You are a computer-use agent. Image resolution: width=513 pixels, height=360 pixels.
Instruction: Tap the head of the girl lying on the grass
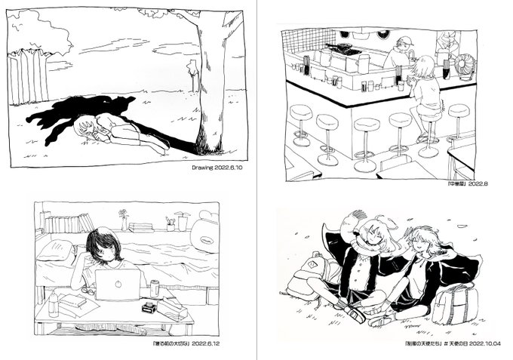(85, 128)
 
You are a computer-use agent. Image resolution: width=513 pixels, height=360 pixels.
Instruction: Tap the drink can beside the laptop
(155, 288)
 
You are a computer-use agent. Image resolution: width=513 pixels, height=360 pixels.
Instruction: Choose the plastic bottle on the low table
(53, 303)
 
